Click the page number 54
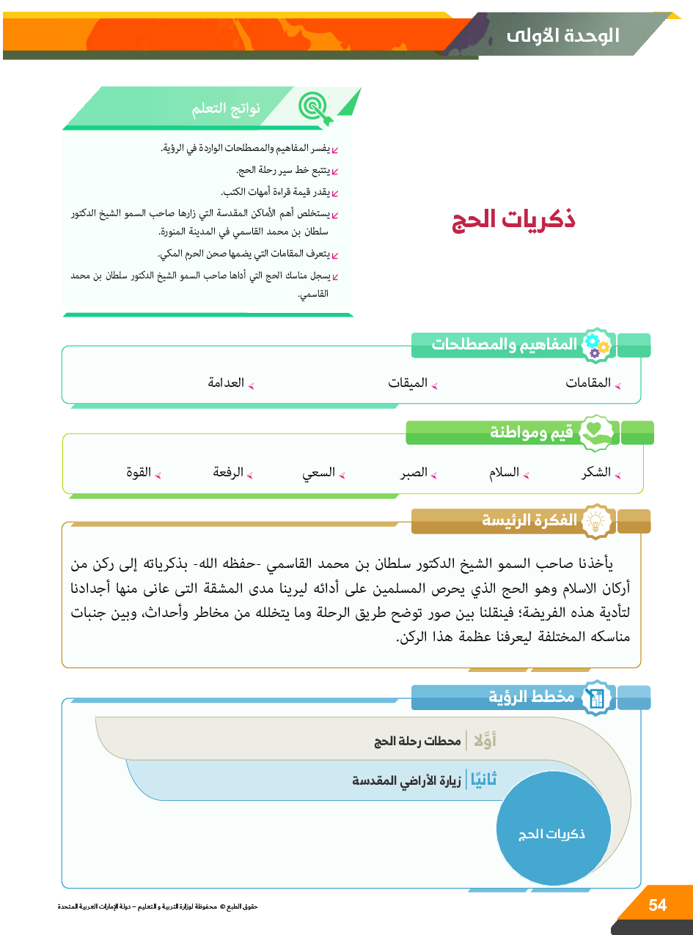point(657,905)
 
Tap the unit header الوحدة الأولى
point(562,35)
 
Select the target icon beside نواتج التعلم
point(317,108)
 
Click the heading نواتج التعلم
point(227,110)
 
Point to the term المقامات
point(588,383)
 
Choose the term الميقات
point(408,383)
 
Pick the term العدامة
point(226,383)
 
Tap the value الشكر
point(596,473)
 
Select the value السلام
point(505,473)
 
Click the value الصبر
point(414,473)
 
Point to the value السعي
point(319,473)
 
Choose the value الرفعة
point(228,473)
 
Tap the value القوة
point(139,473)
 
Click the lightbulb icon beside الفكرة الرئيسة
point(596,521)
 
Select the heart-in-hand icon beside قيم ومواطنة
point(596,433)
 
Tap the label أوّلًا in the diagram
point(485,741)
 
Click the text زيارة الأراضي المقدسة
point(406,781)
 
